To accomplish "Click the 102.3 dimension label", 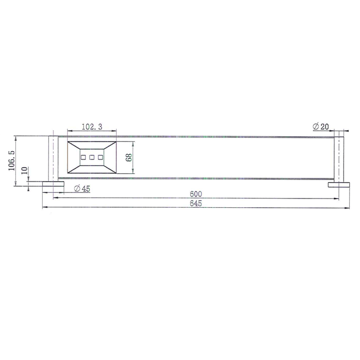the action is click(x=92, y=127).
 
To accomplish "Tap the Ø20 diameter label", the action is click(x=321, y=127).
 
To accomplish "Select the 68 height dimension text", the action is click(x=129, y=157).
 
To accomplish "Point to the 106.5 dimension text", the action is click(x=11, y=160).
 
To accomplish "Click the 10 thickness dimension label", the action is click(x=25, y=170).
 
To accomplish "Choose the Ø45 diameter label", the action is click(x=82, y=189).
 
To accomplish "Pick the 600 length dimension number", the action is click(x=196, y=194).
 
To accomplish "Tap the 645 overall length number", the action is click(x=196, y=204).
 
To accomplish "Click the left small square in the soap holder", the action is click(x=83, y=157).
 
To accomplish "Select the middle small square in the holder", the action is click(x=92, y=157).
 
